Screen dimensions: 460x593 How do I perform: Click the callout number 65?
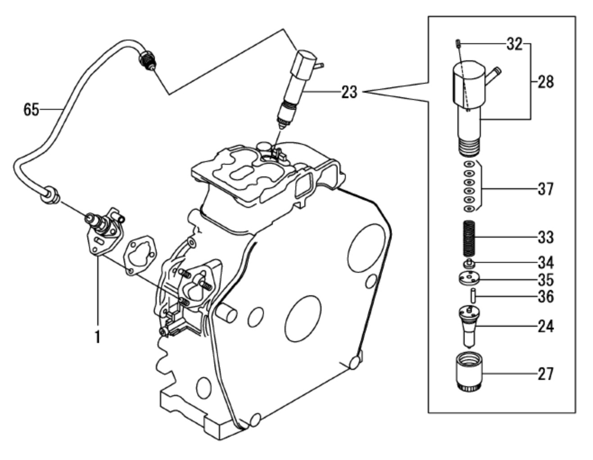(31, 109)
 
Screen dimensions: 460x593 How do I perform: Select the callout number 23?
(349, 92)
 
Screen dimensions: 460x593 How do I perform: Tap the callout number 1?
(97, 336)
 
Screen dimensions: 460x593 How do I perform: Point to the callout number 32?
(514, 44)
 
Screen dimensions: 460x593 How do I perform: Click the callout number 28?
(545, 82)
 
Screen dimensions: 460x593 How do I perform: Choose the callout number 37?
(545, 189)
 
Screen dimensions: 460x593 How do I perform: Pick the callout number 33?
(545, 237)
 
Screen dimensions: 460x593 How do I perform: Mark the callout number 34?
(545, 262)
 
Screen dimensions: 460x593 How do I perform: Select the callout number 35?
(545, 280)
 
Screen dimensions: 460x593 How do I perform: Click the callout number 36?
(545, 297)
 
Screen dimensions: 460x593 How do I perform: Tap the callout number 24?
(545, 326)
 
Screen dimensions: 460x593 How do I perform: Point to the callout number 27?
(545, 374)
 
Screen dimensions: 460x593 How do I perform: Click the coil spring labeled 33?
(469, 237)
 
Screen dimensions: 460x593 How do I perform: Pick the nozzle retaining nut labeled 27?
(469, 373)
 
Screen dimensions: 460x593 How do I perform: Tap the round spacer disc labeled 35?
(469, 280)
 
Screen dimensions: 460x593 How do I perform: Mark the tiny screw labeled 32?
(457, 43)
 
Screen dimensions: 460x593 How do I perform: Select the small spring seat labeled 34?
(469, 263)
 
